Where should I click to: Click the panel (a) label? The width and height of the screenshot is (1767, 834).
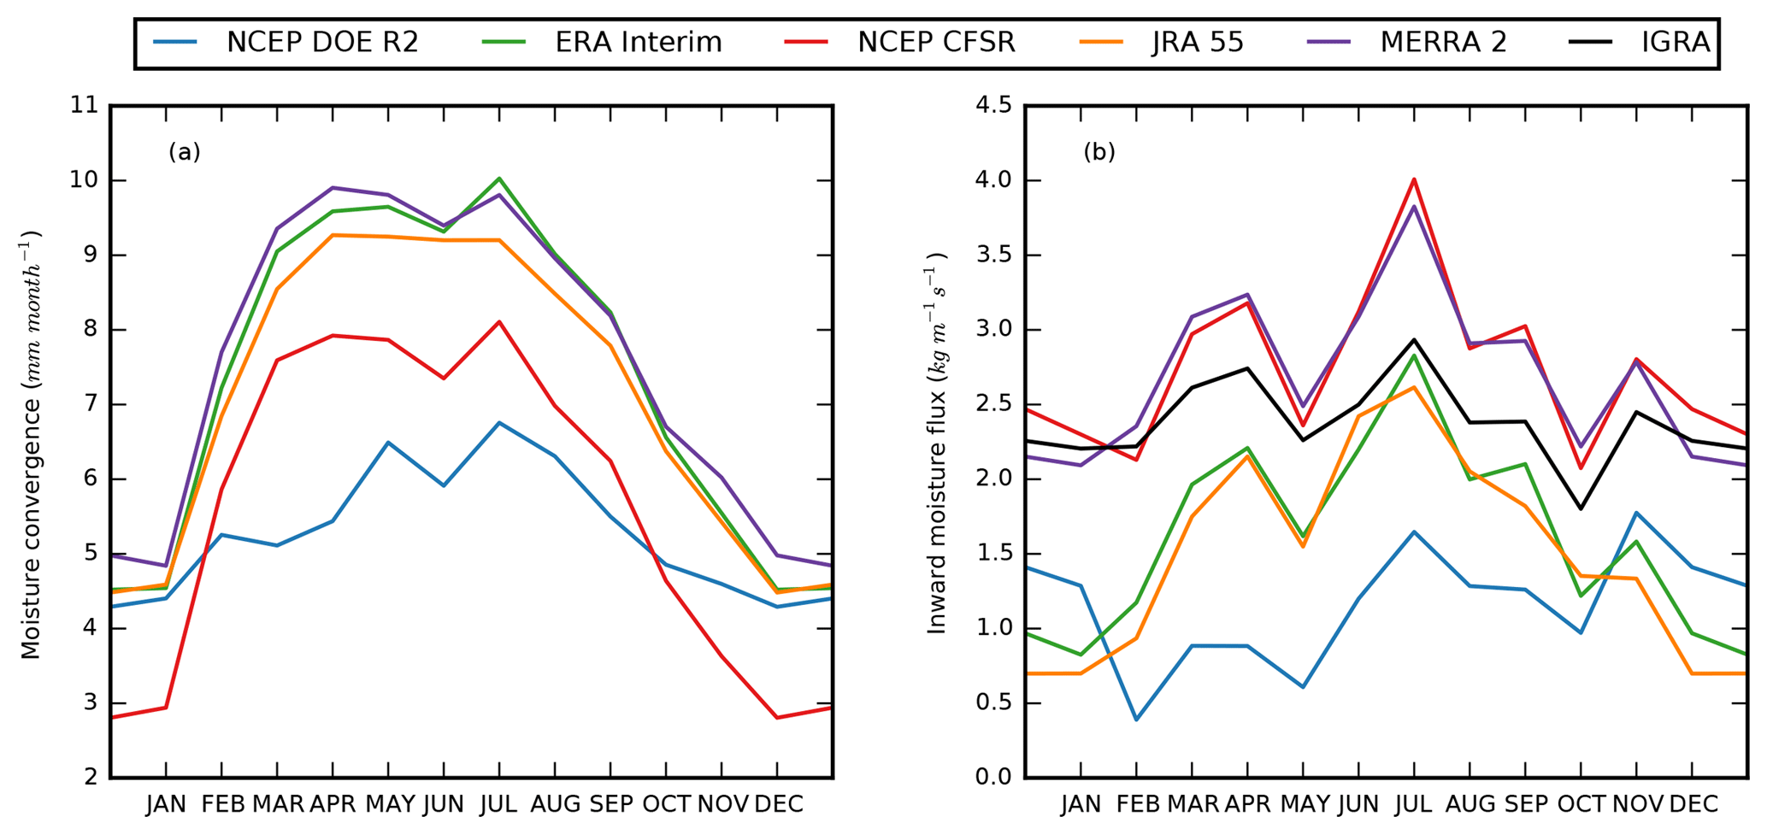pyautogui.click(x=185, y=152)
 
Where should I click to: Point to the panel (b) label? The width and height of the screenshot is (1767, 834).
pyautogui.click(x=1099, y=152)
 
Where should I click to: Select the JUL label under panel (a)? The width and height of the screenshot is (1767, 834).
pyautogui.click(x=498, y=804)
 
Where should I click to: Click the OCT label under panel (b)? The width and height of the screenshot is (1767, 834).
pyautogui.click(x=1581, y=804)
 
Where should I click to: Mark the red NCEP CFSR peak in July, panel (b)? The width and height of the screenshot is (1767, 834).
pyautogui.click(x=1414, y=179)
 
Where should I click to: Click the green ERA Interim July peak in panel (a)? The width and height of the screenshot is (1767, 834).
pyautogui.click(x=499, y=179)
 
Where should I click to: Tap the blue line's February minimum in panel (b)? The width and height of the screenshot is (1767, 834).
pyautogui.click(x=1136, y=719)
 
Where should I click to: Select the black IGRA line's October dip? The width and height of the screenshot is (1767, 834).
pyautogui.click(x=1581, y=508)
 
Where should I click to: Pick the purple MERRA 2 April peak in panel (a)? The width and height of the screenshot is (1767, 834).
pyautogui.click(x=333, y=187)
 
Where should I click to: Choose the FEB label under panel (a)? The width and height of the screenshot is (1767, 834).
pyautogui.click(x=221, y=804)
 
